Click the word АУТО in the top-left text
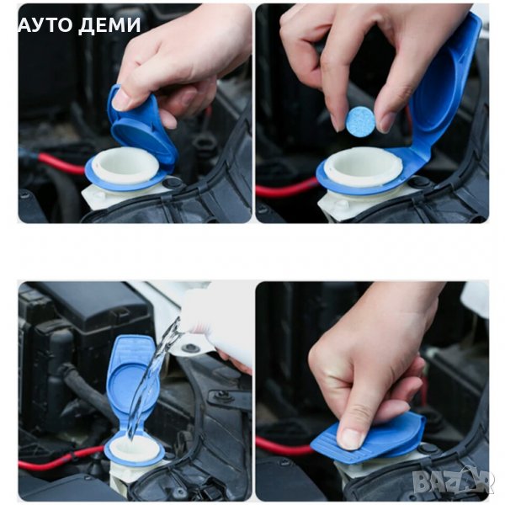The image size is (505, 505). click(46, 24)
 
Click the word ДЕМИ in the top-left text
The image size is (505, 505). click(109, 25)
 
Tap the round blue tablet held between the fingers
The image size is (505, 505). click(361, 120)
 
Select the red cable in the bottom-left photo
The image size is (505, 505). click(61, 457)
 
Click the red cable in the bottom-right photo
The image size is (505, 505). click(284, 446)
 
